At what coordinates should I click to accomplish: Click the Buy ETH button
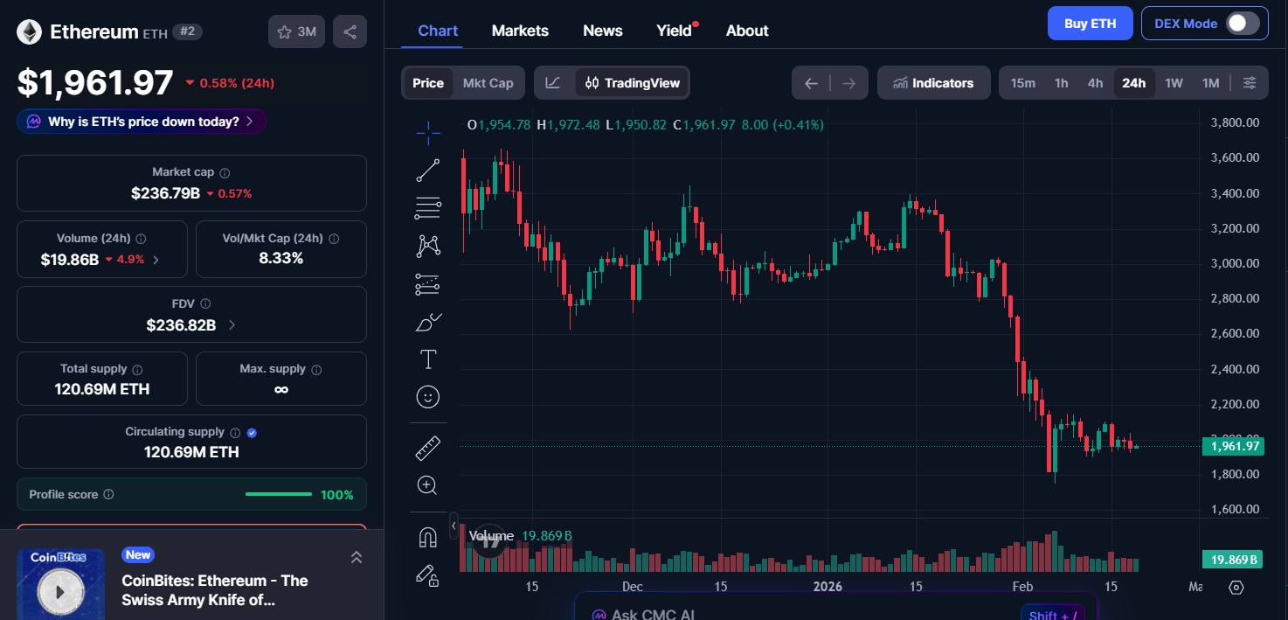pyautogui.click(x=1090, y=24)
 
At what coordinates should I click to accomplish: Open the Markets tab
pyautogui.click(x=520, y=31)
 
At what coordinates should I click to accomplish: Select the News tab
pyautogui.click(x=602, y=31)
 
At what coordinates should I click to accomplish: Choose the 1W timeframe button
pyautogui.click(x=1174, y=83)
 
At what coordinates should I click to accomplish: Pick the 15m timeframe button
pyautogui.click(x=1022, y=83)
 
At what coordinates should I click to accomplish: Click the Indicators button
pyautogui.click(x=933, y=83)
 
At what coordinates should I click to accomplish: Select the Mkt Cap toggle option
pyautogui.click(x=488, y=83)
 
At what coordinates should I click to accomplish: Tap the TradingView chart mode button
pyautogui.click(x=632, y=83)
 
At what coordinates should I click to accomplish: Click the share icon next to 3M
pyautogui.click(x=350, y=32)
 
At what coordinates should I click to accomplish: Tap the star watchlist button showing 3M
pyautogui.click(x=296, y=32)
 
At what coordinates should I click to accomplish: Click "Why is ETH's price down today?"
pyautogui.click(x=142, y=122)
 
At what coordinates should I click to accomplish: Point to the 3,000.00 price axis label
pyautogui.click(x=1235, y=263)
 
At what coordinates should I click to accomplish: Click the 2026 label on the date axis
pyautogui.click(x=828, y=586)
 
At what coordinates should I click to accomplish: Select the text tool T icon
pyautogui.click(x=428, y=359)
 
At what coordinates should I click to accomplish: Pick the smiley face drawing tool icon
pyautogui.click(x=427, y=397)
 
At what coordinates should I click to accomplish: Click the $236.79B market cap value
pyautogui.click(x=165, y=193)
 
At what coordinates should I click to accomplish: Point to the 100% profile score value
pyautogui.click(x=336, y=495)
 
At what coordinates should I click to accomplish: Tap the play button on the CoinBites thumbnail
pyautogui.click(x=60, y=592)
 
